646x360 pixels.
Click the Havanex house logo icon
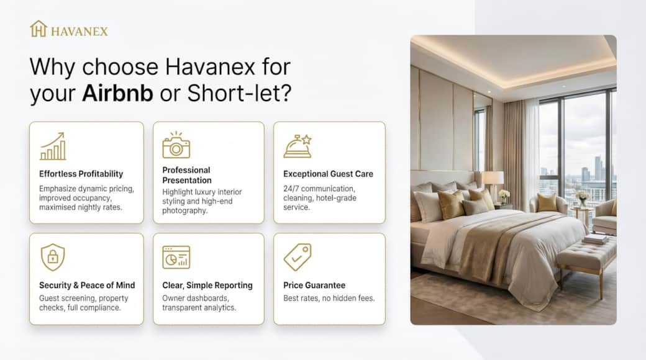(x=39, y=29)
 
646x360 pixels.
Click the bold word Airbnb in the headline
(x=117, y=93)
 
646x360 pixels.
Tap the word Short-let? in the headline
(x=239, y=93)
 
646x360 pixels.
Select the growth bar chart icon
(x=53, y=146)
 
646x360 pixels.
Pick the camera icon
(x=176, y=145)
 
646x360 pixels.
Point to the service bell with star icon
(x=298, y=146)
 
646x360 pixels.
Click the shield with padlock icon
(x=53, y=257)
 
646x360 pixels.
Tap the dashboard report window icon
(x=176, y=258)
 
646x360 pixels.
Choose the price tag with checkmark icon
(x=298, y=257)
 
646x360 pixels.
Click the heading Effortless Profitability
(x=81, y=174)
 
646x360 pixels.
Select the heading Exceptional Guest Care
(x=328, y=174)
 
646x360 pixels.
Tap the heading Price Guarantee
(x=314, y=285)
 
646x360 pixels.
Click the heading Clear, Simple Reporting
(x=207, y=285)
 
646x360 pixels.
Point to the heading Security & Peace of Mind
(x=87, y=285)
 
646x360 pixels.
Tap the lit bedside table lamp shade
(x=493, y=178)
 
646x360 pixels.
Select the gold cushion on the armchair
(x=546, y=202)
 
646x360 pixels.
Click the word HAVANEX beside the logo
(x=80, y=31)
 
